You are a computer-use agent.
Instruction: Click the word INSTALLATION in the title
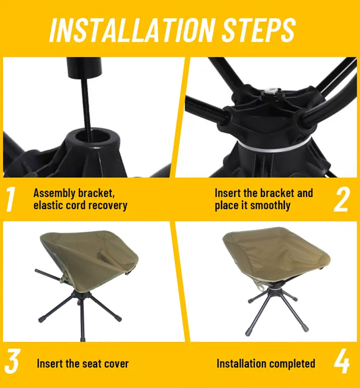[131, 30]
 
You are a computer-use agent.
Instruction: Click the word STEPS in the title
[258, 30]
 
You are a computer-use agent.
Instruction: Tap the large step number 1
[10, 199]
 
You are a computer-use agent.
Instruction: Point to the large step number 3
[11, 362]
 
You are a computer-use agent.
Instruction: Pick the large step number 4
[342, 362]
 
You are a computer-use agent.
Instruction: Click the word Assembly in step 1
[55, 193]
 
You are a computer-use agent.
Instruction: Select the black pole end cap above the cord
[84, 68]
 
